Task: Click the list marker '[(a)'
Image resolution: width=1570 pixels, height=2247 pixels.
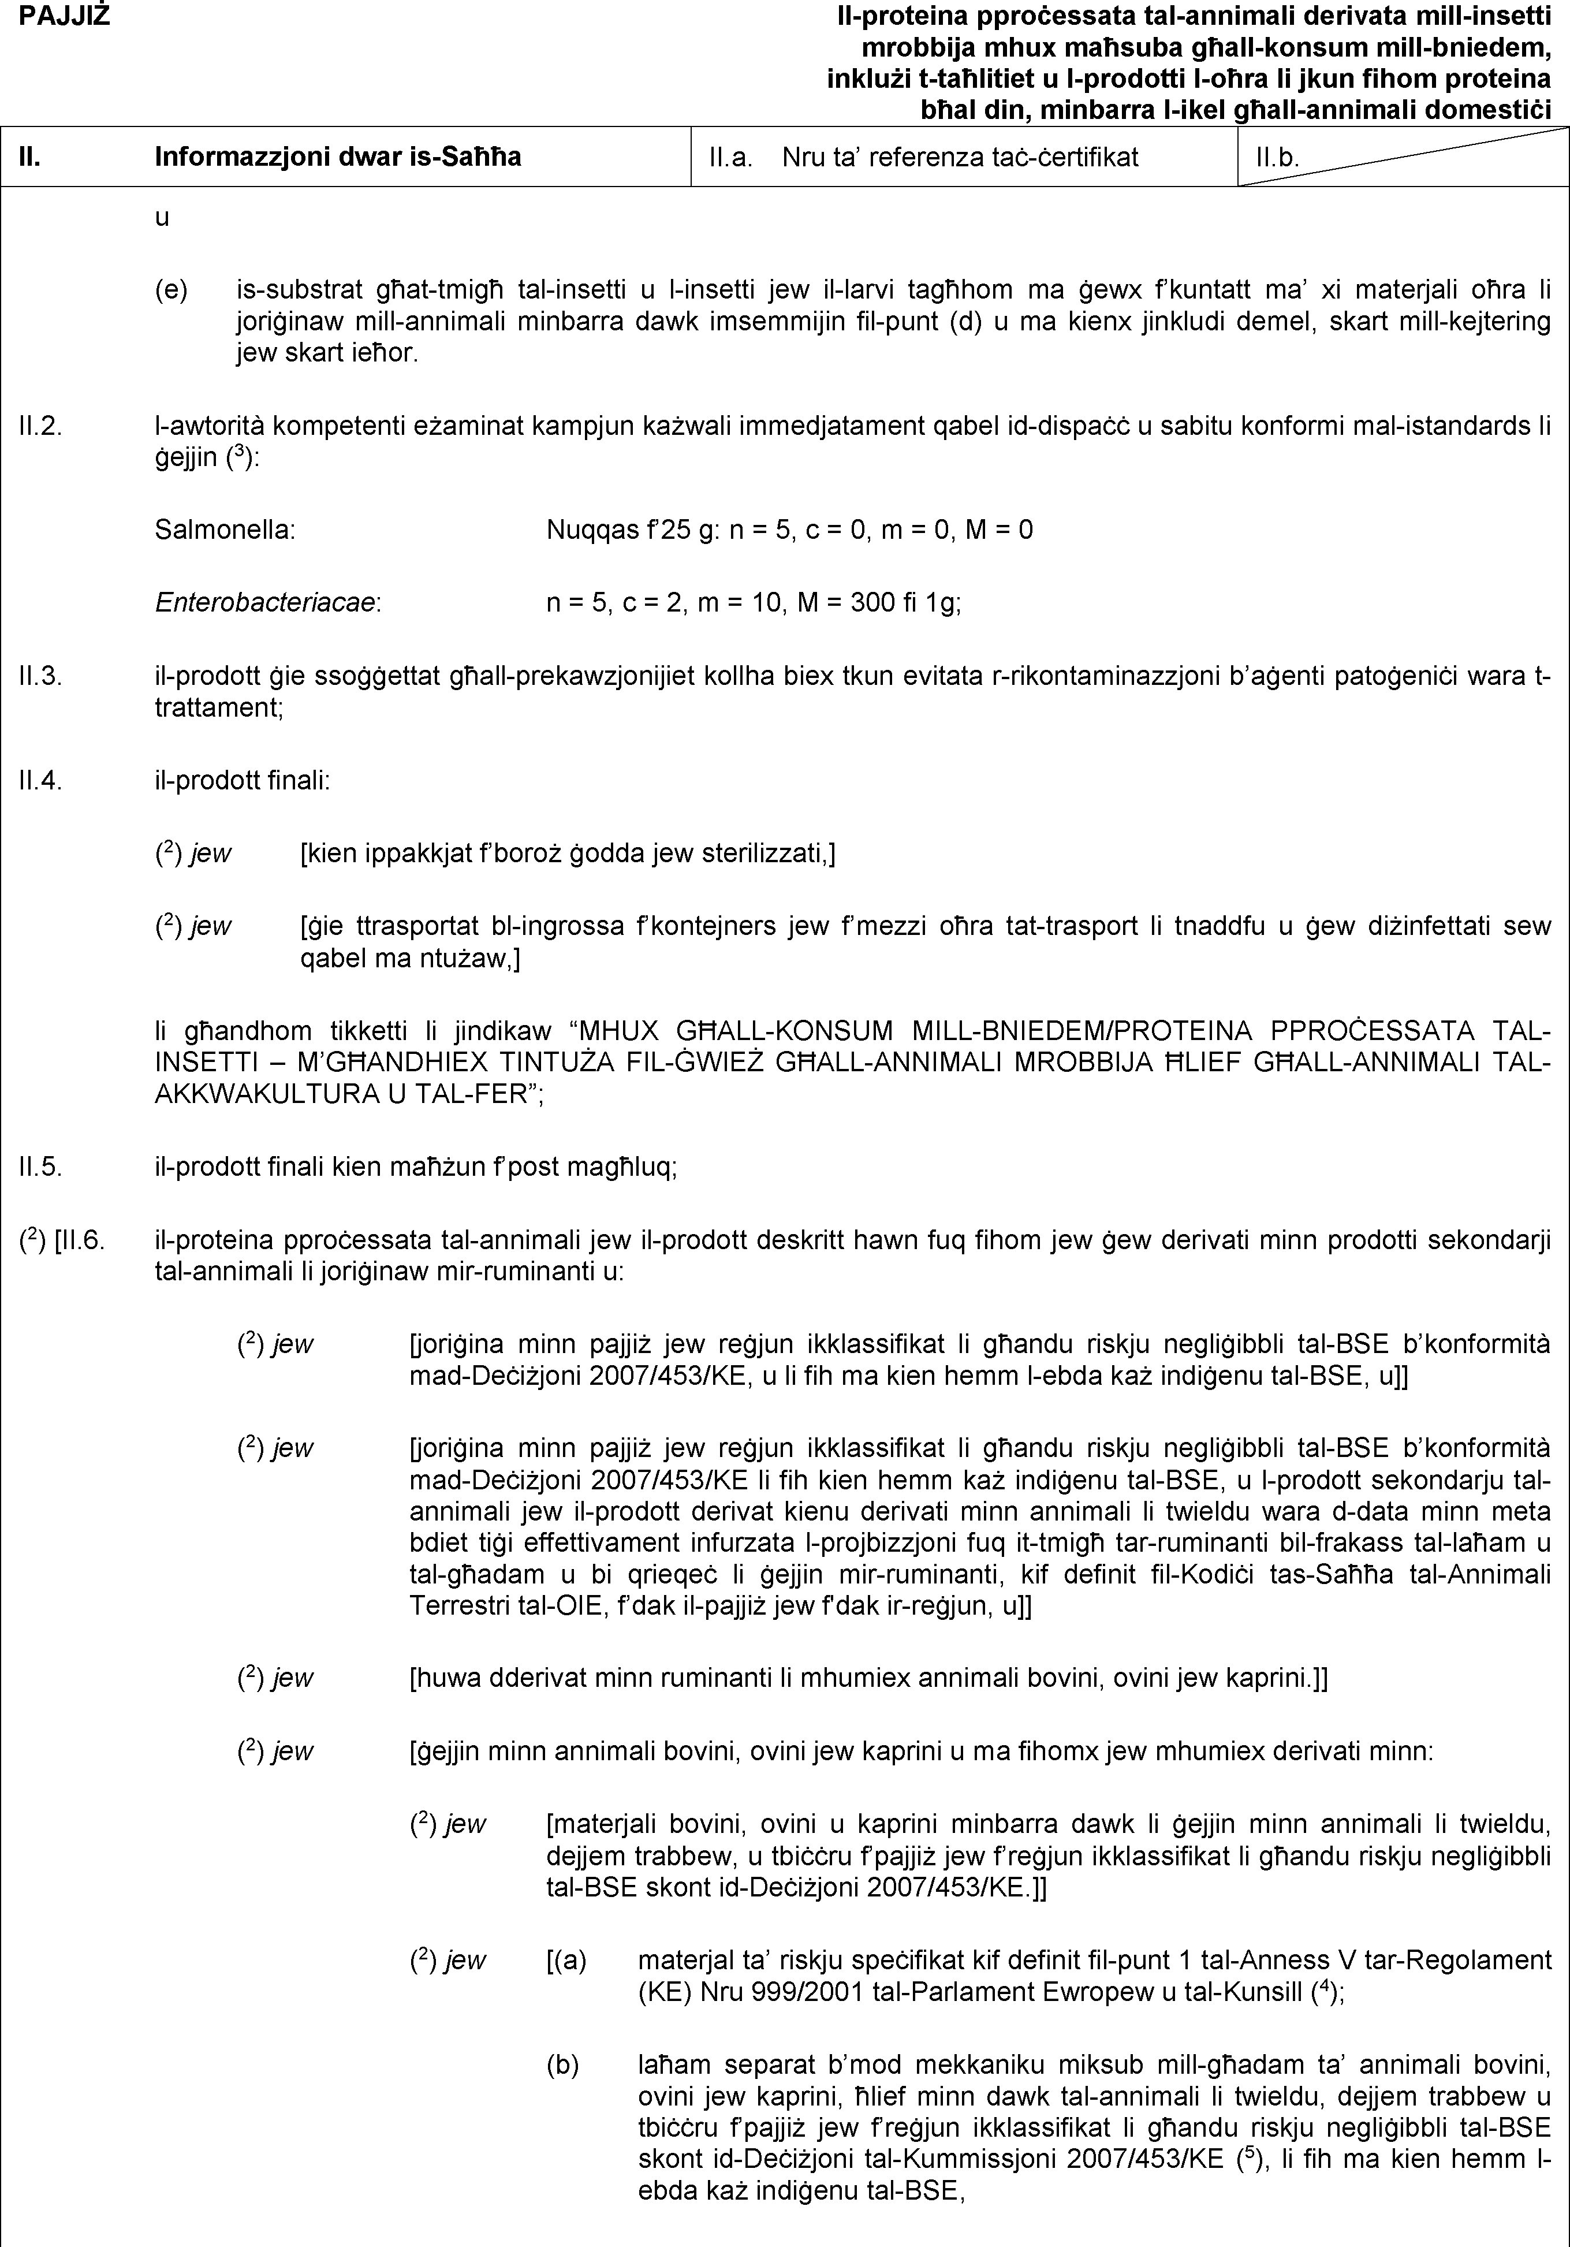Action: point(566,1960)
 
